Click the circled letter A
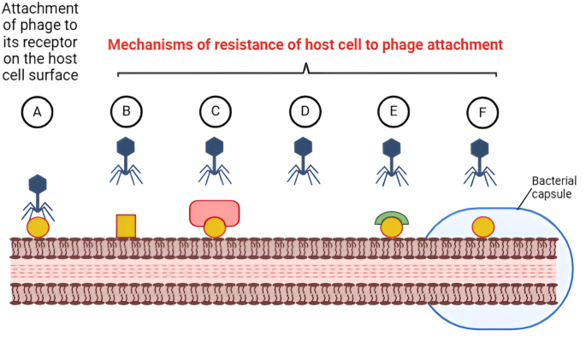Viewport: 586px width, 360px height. [37, 111]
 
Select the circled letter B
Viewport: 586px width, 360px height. [127, 111]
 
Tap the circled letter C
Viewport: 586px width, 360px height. [216, 111]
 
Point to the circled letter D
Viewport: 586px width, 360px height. [305, 111]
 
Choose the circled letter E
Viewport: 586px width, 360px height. [393, 111]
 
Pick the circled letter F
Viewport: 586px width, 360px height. [482, 111]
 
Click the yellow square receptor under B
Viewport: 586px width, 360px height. [126, 226]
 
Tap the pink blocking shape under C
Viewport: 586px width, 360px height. [214, 211]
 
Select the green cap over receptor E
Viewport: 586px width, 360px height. [391, 216]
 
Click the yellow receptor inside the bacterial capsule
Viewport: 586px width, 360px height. [483, 227]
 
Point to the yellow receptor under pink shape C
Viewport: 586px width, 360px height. [214, 227]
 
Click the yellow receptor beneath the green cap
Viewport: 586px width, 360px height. [391, 227]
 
